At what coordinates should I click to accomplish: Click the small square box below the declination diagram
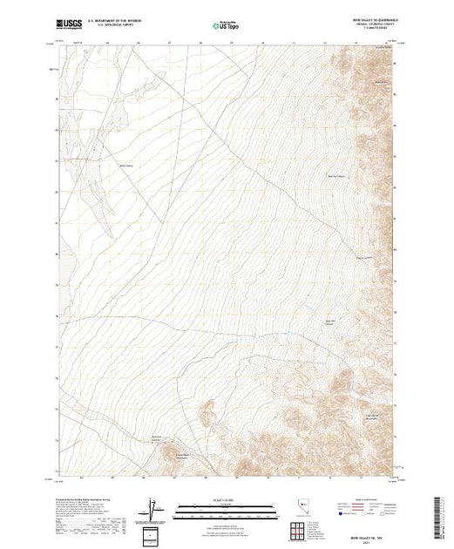pyautogui.click(x=154, y=532)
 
